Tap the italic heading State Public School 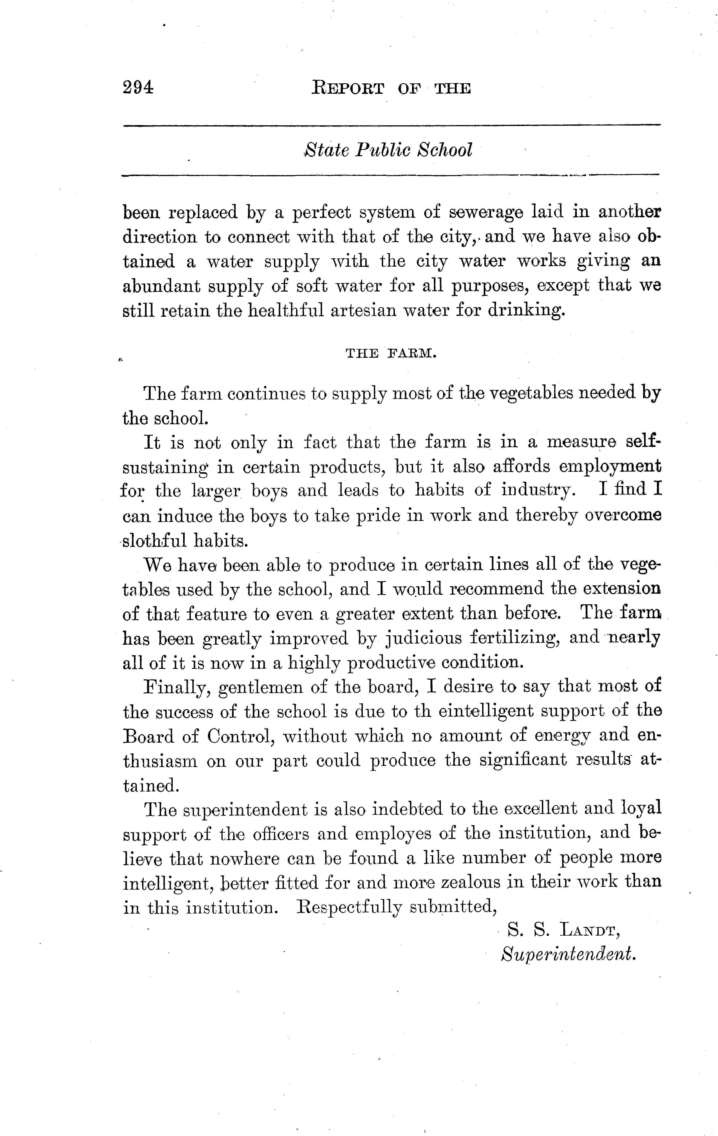[388, 150]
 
